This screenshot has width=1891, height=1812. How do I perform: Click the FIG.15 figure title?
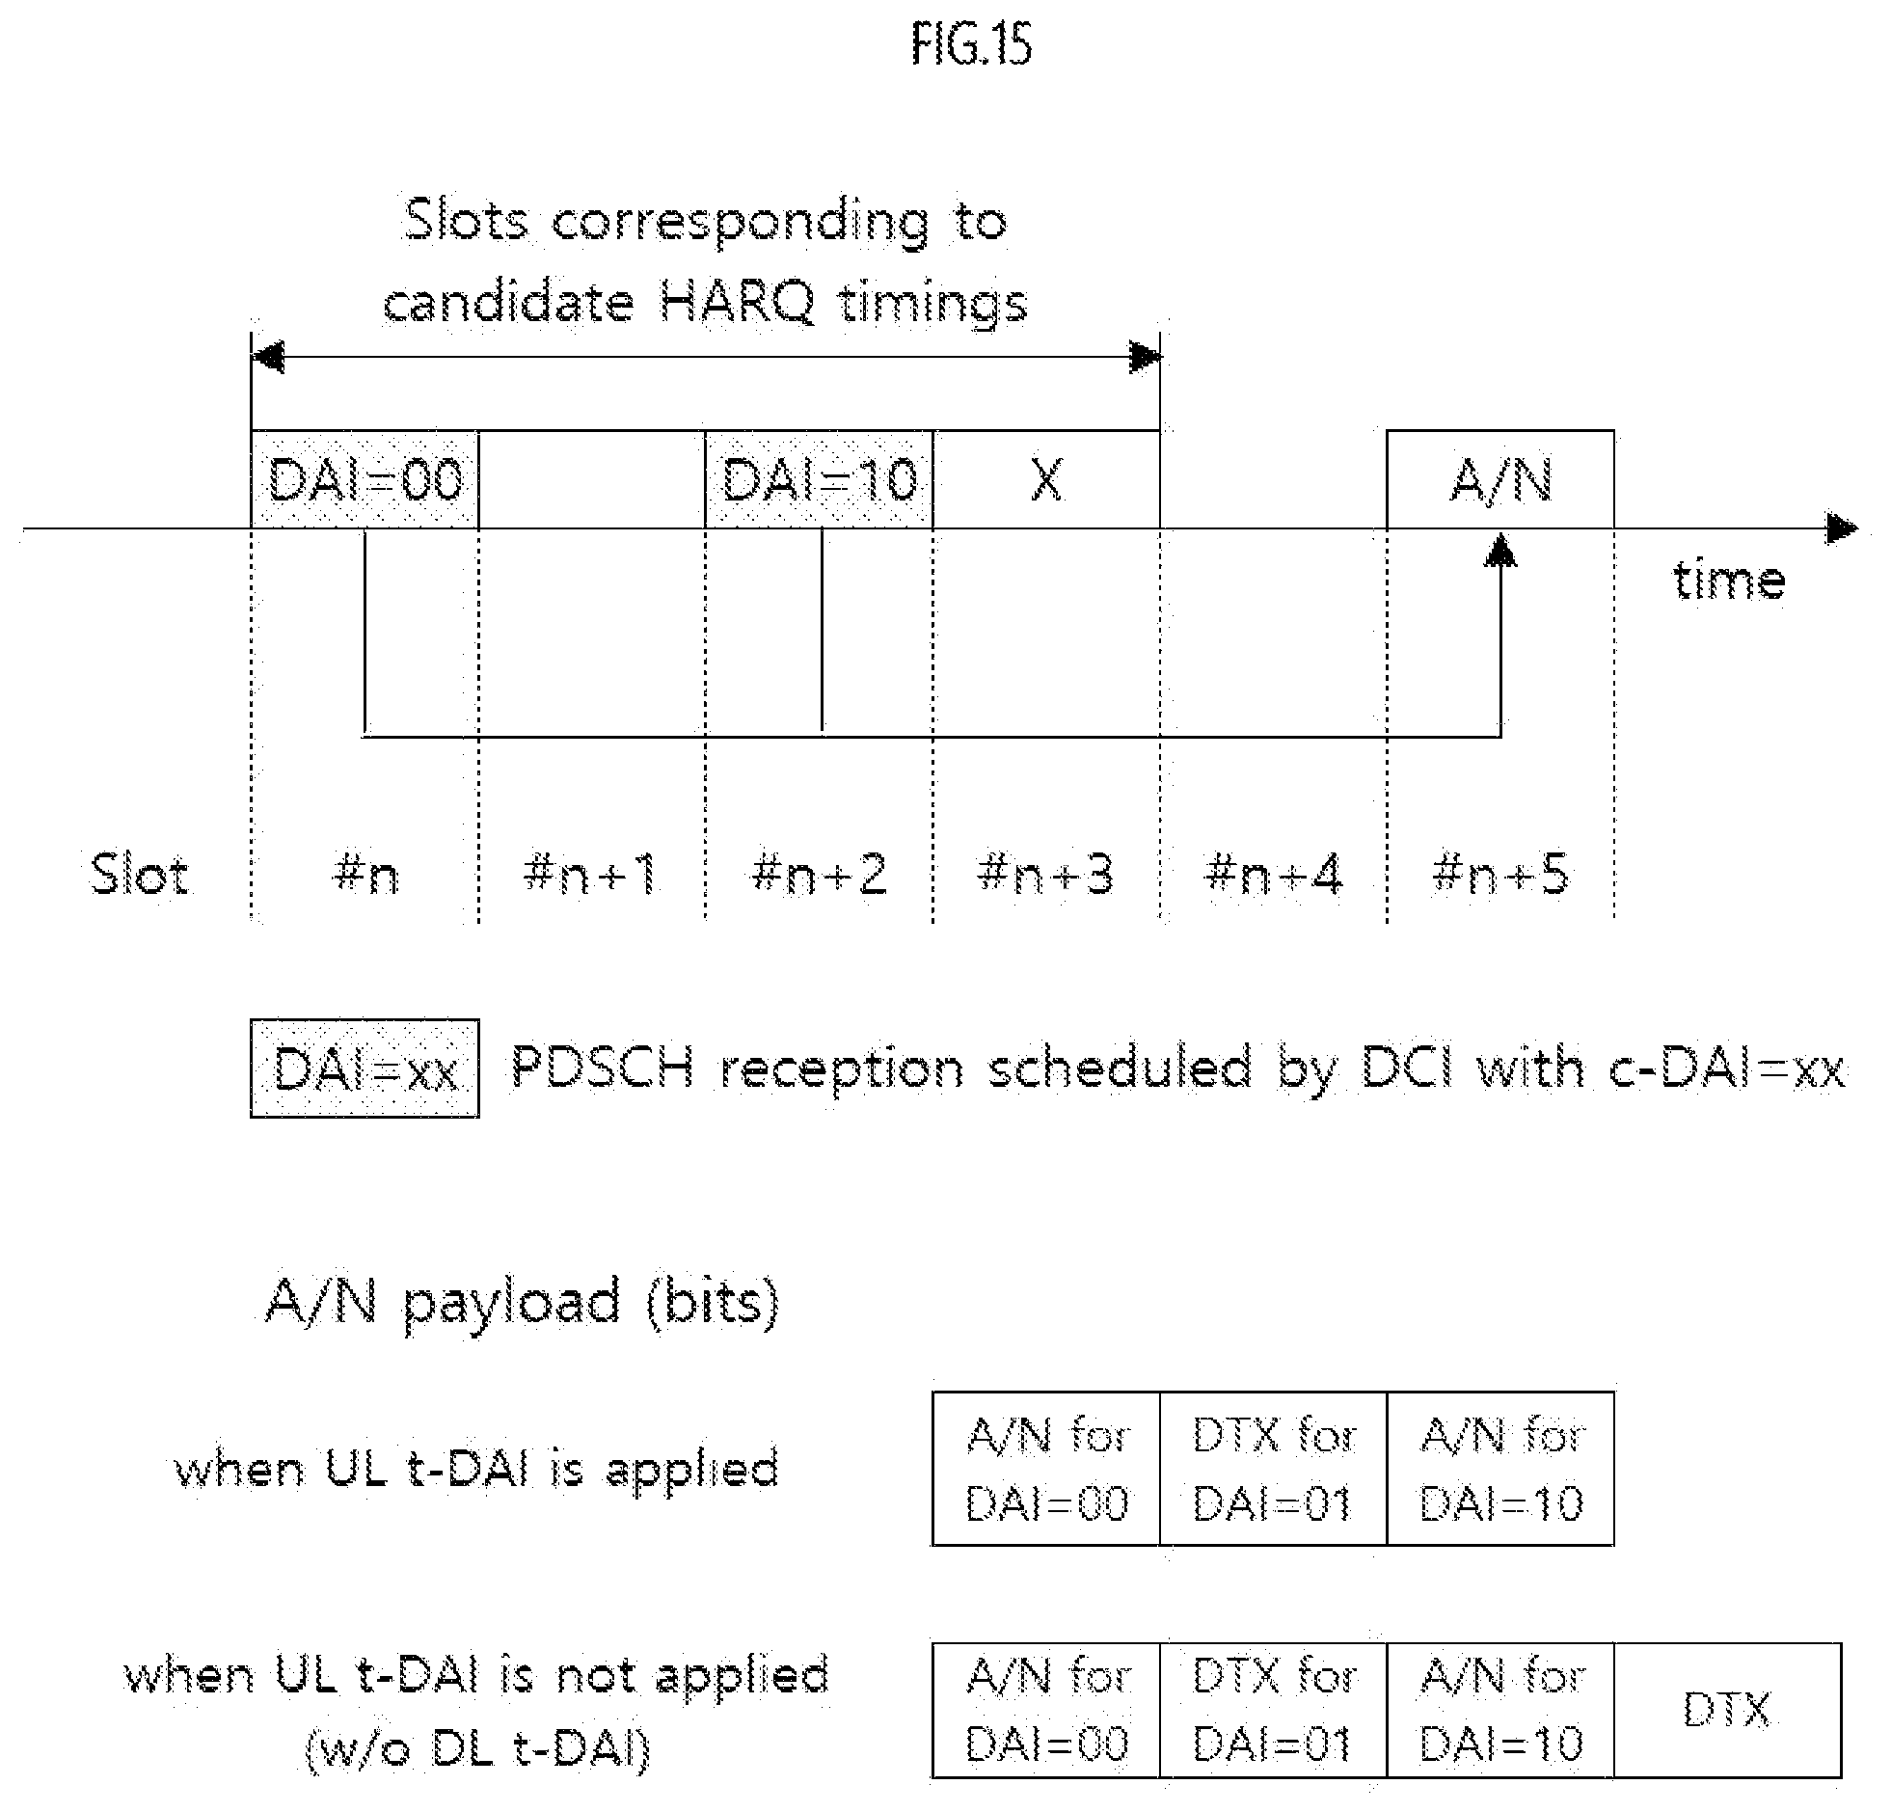click(971, 44)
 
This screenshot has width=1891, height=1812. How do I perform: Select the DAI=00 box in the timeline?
click(365, 479)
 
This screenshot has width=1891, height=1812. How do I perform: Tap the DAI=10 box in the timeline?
click(819, 479)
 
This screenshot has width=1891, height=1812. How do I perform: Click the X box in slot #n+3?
click(1047, 479)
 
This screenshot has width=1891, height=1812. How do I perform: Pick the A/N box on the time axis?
click(1500, 479)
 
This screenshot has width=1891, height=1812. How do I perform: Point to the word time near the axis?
click(1729, 580)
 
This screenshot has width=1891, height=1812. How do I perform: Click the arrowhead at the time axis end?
click(1842, 528)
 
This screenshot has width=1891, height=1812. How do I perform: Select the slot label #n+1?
click(590, 874)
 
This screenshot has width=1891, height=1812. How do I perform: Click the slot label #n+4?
click(1274, 874)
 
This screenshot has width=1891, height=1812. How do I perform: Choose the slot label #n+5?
click(1500, 874)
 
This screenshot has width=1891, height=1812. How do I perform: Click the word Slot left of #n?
click(139, 874)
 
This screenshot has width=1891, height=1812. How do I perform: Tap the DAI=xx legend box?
click(365, 1068)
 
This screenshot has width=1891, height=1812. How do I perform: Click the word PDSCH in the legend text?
click(602, 1068)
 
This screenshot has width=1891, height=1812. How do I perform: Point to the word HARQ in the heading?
click(738, 302)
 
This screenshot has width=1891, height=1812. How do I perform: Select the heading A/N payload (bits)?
click(522, 1304)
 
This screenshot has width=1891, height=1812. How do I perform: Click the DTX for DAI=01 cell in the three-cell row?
click(1274, 1469)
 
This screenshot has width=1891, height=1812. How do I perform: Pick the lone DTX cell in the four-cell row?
click(1728, 1710)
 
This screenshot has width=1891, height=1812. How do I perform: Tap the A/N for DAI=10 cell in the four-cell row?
click(1500, 1710)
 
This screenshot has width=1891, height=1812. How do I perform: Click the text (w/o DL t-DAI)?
click(477, 1747)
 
